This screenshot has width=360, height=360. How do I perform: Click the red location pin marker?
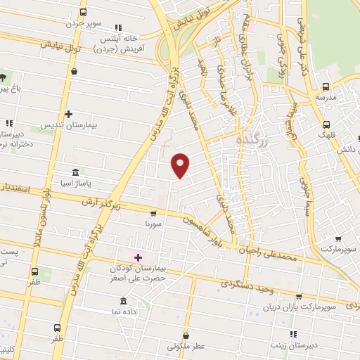[181, 164]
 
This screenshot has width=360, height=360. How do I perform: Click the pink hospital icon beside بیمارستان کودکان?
[138, 257]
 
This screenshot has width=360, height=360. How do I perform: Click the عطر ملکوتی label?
[186, 347]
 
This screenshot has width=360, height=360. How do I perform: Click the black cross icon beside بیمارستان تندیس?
[68, 114]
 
